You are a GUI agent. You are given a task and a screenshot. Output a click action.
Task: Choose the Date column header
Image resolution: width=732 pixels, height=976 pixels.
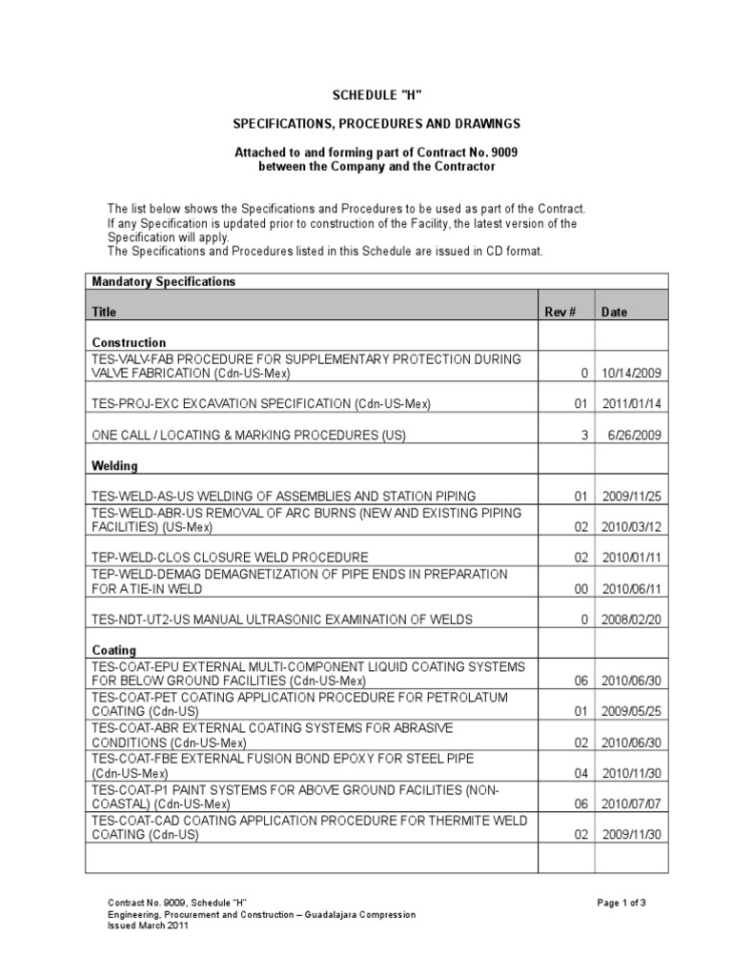pyautogui.click(x=615, y=312)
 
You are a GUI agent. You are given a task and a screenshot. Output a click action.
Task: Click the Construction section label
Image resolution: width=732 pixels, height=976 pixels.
pyautogui.click(x=129, y=342)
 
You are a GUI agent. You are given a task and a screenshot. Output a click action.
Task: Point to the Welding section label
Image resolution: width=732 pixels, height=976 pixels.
pyautogui.click(x=114, y=466)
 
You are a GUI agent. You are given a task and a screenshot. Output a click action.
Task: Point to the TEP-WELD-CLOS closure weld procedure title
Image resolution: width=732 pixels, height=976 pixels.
pyautogui.click(x=229, y=556)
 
